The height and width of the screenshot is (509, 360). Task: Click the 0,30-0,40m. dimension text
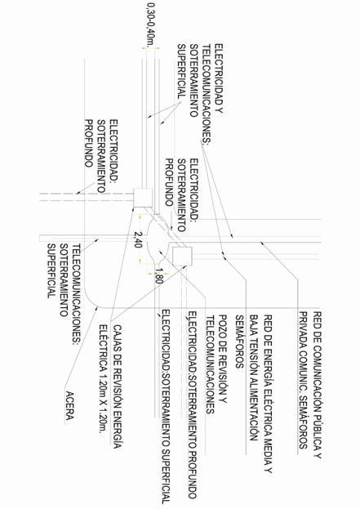(151, 25)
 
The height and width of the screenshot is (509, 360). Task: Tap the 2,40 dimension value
(139, 239)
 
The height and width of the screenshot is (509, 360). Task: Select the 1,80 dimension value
(158, 276)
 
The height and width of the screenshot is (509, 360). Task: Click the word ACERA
(69, 405)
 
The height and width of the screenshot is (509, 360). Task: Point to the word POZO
(223, 324)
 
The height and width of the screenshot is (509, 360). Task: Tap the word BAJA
(254, 324)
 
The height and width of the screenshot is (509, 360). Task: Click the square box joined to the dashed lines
(143, 198)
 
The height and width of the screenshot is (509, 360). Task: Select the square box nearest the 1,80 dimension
(182, 256)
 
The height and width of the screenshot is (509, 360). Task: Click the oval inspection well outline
(148, 239)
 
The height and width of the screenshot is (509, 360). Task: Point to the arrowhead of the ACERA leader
(96, 308)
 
